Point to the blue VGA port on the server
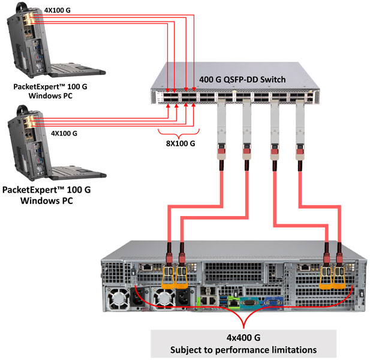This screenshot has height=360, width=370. (x=270, y=303)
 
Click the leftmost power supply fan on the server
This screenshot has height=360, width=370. (x=117, y=298)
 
